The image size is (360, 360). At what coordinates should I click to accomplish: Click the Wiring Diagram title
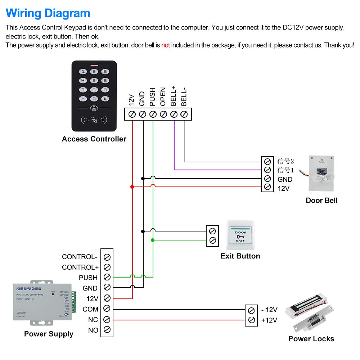(48, 13)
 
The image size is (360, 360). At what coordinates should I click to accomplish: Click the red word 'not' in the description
(165, 45)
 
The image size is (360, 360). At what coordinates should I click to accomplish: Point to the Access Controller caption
(94, 139)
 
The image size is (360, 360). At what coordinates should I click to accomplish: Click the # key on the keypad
(105, 98)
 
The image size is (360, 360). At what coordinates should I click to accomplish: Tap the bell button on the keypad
(94, 108)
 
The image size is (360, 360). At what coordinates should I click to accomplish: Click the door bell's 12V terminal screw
(267, 187)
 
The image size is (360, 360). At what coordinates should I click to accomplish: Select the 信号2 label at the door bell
(286, 161)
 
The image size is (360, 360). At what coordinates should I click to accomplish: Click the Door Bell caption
(321, 201)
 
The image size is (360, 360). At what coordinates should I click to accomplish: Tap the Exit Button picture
(240, 235)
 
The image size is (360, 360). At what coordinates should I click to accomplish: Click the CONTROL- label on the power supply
(80, 257)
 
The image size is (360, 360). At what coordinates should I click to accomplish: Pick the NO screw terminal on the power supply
(107, 329)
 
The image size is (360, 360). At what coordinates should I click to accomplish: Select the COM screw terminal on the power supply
(107, 309)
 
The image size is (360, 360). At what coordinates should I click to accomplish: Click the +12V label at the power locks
(269, 320)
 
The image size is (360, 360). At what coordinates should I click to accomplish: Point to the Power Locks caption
(311, 339)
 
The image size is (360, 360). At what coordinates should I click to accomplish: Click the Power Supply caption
(49, 334)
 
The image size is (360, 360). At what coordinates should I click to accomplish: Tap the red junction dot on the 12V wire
(132, 186)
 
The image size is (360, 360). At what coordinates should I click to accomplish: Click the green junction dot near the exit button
(153, 240)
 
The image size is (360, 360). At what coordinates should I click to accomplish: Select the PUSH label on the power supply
(88, 278)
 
